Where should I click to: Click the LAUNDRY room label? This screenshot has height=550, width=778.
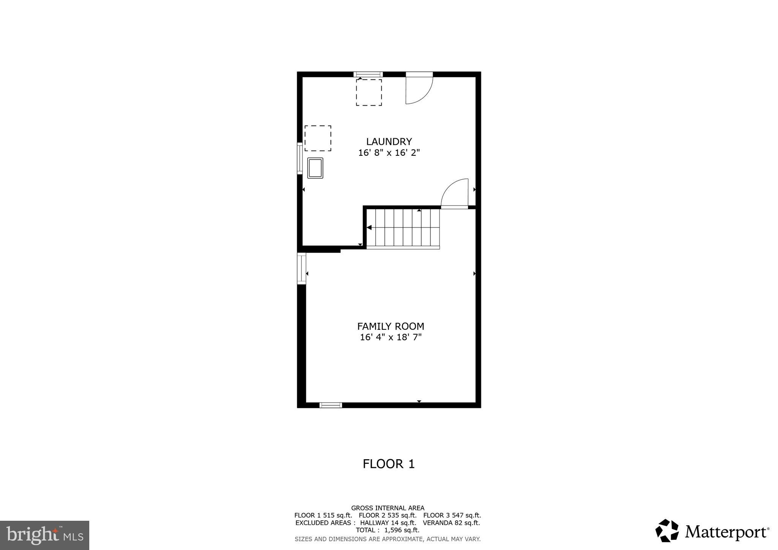tap(389, 142)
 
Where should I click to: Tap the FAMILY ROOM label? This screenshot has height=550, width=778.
tap(391, 326)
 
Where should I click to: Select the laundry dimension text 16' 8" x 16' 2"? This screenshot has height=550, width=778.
tap(389, 153)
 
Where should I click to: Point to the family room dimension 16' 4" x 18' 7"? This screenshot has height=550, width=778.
tap(391, 337)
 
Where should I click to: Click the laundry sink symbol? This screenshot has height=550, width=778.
tap(315, 168)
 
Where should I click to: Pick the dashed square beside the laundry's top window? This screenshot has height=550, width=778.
tap(368, 92)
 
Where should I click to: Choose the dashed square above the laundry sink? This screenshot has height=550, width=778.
tap(318, 138)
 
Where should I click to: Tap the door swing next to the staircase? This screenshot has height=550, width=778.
tap(455, 193)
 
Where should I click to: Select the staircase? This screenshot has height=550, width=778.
tap(403, 228)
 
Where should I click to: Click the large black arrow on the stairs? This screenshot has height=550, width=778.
tap(368, 228)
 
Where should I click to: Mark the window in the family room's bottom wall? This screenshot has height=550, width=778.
tap(330, 405)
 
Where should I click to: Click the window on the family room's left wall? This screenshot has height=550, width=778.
tap(302, 269)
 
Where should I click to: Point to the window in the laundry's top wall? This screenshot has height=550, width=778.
tap(368, 74)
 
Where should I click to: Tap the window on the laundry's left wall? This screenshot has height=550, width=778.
tap(300, 158)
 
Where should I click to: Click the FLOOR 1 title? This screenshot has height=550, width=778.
tap(389, 464)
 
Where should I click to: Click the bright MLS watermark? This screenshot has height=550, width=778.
tap(44, 536)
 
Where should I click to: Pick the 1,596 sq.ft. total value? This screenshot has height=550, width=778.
tap(402, 530)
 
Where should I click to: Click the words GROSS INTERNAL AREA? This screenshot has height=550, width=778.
tap(387, 508)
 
